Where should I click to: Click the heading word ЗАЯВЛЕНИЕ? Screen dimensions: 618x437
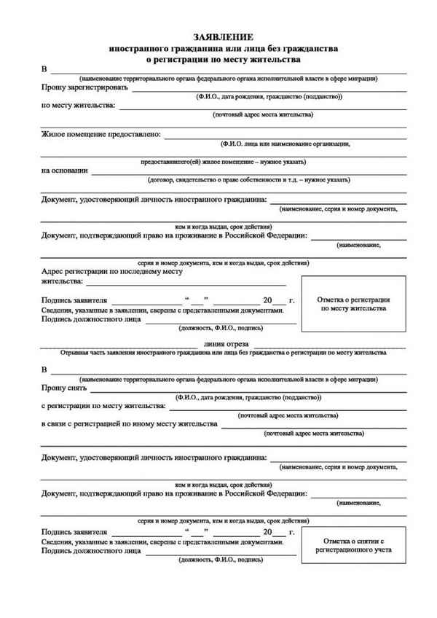(x=223, y=36)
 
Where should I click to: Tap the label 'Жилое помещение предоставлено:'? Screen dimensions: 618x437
(x=102, y=134)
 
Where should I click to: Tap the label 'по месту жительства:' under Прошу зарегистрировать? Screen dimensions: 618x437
(x=78, y=106)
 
